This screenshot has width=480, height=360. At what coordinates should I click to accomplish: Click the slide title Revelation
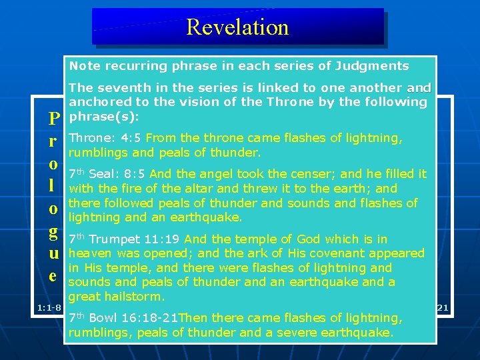pyautogui.click(x=237, y=27)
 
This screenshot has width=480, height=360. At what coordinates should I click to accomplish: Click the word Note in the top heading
pyautogui.click(x=84, y=66)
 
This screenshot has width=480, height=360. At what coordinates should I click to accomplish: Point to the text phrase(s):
pyautogui.click(x=103, y=116)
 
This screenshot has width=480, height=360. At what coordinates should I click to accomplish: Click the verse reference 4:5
pyautogui.click(x=131, y=139)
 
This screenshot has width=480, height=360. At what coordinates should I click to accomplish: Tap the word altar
pyautogui.click(x=181, y=189)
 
